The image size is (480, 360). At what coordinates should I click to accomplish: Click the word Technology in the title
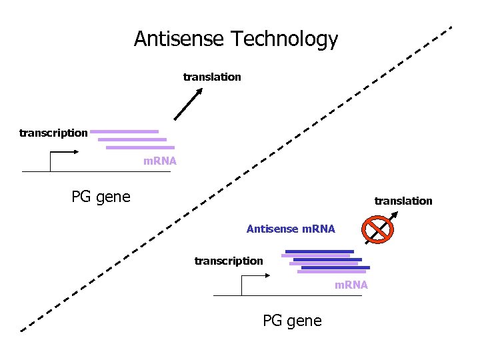pyautogui.click(x=285, y=40)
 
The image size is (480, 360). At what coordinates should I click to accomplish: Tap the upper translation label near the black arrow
pyautogui.click(x=212, y=77)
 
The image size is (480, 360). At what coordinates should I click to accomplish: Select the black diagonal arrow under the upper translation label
pyautogui.click(x=188, y=104)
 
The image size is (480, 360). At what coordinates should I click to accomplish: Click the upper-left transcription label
pyautogui.click(x=53, y=133)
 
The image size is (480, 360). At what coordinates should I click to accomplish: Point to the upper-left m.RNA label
pyautogui.click(x=160, y=161)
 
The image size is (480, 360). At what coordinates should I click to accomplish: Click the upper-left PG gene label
pyautogui.click(x=101, y=197)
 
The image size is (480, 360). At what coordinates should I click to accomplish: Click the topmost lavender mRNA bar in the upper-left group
pyautogui.click(x=125, y=131)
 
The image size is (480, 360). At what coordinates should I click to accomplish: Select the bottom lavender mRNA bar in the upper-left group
pyautogui.click(x=140, y=147)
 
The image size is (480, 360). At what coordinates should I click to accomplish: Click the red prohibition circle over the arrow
pyautogui.click(x=377, y=229)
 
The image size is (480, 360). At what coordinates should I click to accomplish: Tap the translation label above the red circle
pyautogui.click(x=403, y=201)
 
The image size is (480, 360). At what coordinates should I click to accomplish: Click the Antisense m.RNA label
pyautogui.click(x=291, y=229)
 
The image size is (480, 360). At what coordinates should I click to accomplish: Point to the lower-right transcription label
pyautogui.click(x=229, y=261)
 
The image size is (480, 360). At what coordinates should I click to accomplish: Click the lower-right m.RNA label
pyautogui.click(x=351, y=285)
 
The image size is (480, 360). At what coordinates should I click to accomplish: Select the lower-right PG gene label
pyautogui.click(x=292, y=321)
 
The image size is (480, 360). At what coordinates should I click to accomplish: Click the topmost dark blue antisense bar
pyautogui.click(x=319, y=251)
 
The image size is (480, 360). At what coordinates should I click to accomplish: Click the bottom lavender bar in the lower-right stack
pyautogui.click(x=331, y=271)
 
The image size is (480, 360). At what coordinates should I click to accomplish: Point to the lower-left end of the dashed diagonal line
pyautogui.click(x=21, y=330)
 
